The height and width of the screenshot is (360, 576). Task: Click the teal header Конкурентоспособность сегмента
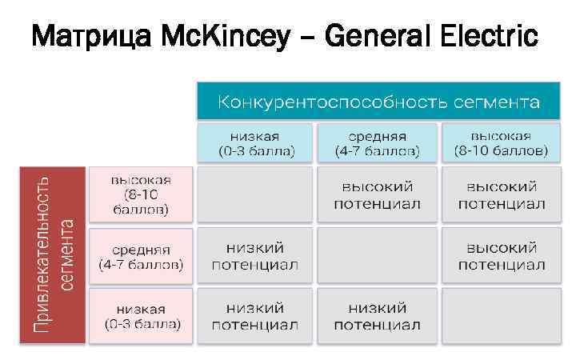click(x=379, y=102)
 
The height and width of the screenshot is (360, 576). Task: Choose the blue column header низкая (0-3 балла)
click(x=256, y=142)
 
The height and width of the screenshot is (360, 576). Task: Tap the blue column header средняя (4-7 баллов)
click(x=377, y=142)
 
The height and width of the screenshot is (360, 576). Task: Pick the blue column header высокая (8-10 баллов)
click(x=501, y=142)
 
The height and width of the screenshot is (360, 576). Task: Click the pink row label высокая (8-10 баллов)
click(x=141, y=194)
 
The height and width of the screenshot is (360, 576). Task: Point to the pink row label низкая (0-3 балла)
click(x=141, y=316)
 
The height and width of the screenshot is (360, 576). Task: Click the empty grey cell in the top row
click(x=256, y=194)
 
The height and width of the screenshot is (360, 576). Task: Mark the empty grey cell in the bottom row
click(x=501, y=316)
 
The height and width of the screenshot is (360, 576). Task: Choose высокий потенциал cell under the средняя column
click(x=377, y=194)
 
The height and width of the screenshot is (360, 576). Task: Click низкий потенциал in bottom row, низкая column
click(x=256, y=316)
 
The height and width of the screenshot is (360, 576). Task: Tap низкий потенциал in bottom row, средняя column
click(x=377, y=316)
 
